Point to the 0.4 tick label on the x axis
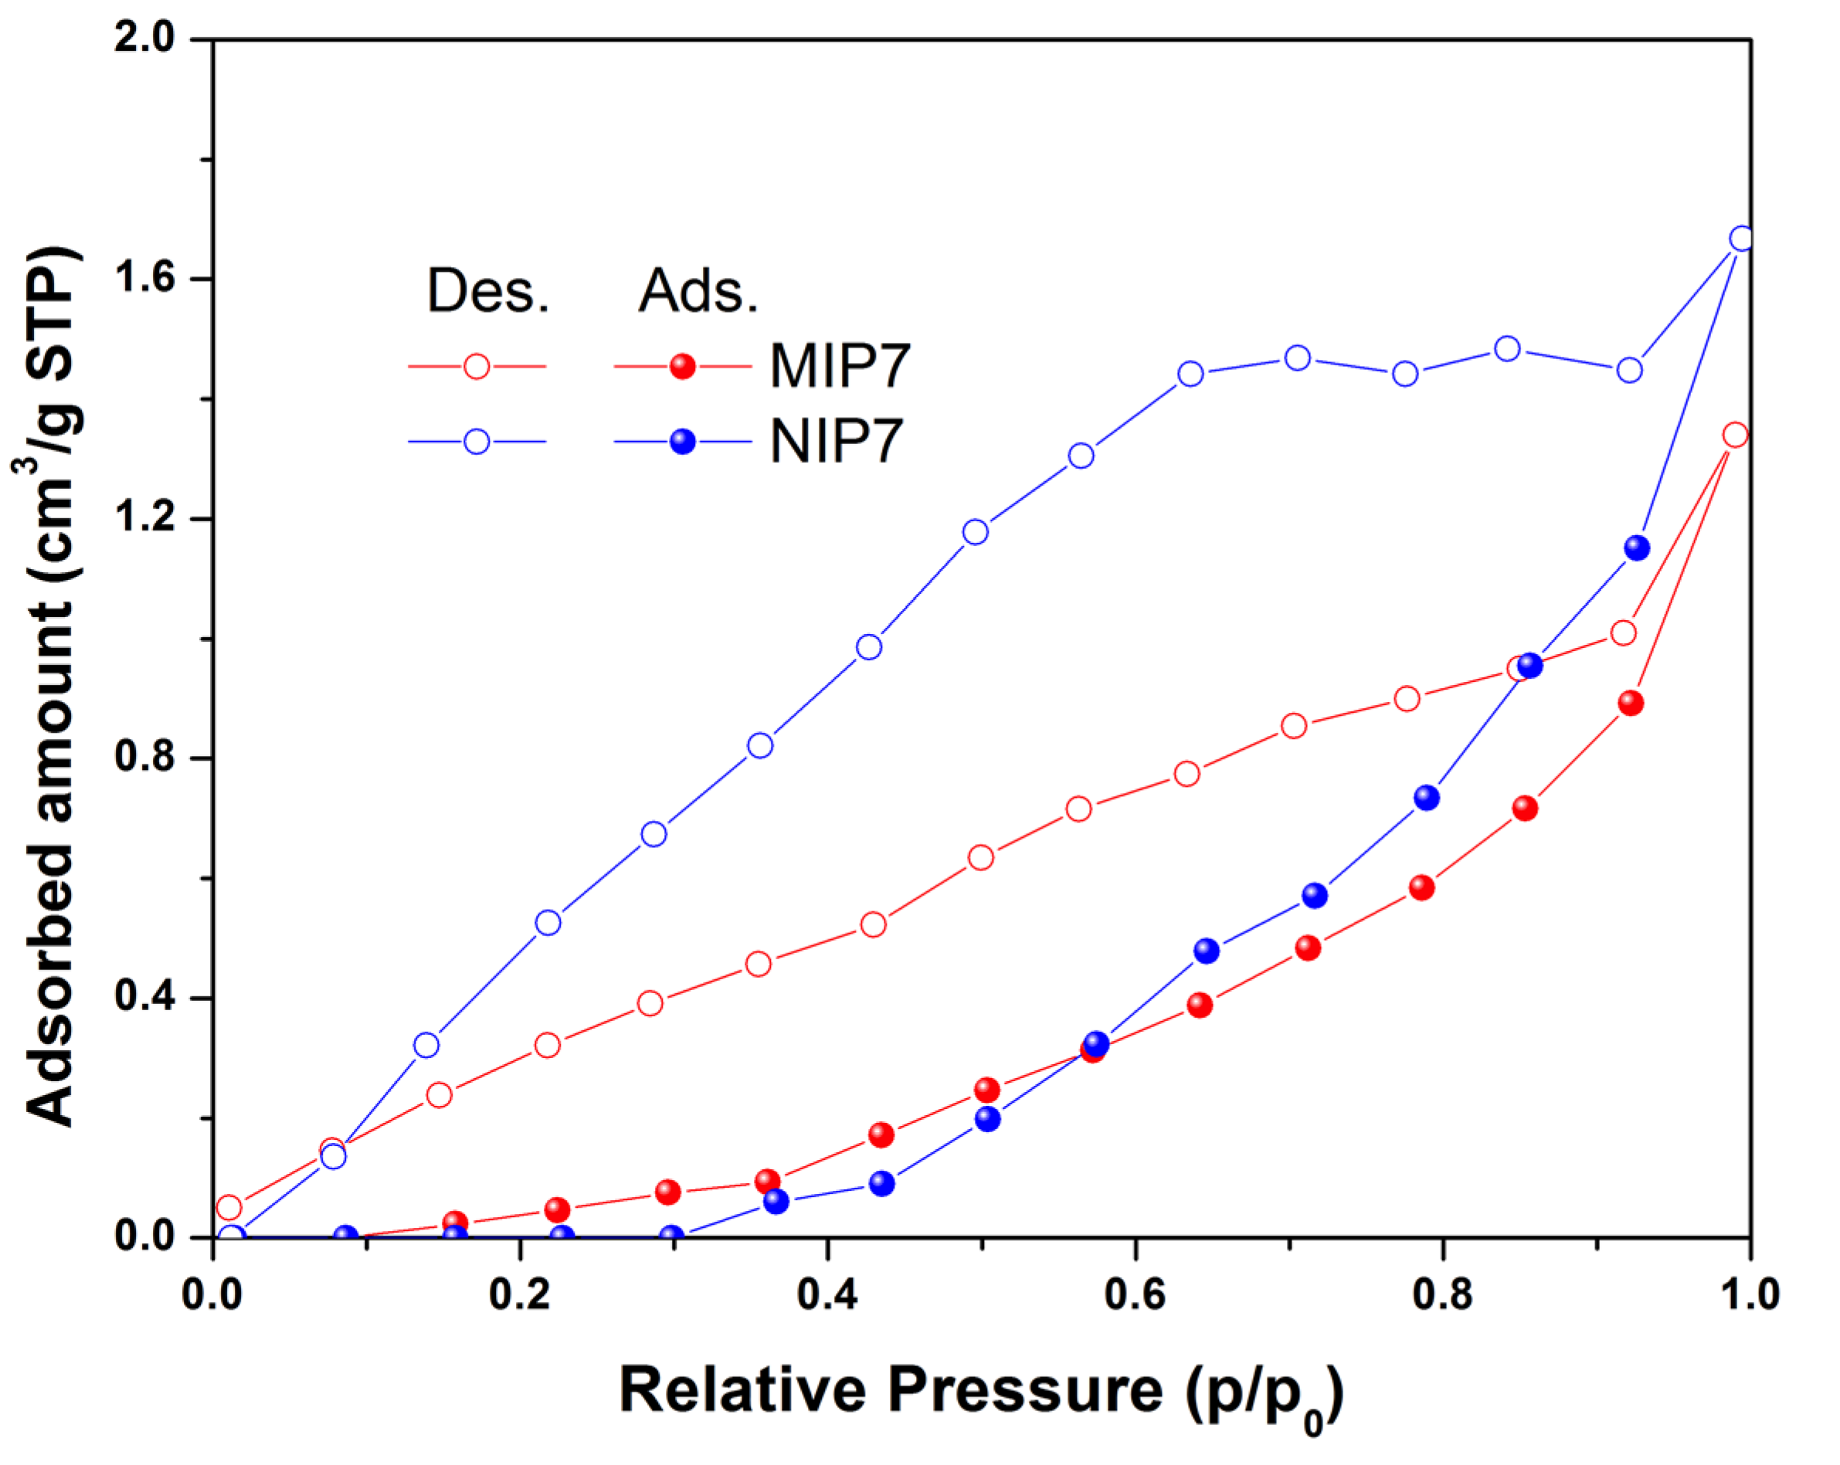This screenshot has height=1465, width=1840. pyautogui.click(x=826, y=1294)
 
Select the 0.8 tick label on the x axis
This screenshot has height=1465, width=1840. pyautogui.click(x=1441, y=1294)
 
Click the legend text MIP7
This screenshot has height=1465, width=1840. pyautogui.click(x=840, y=367)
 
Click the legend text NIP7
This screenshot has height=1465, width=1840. pyautogui.click(x=836, y=442)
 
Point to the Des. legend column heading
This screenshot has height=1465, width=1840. pyautogui.click(x=487, y=291)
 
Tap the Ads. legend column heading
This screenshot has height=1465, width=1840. pyautogui.click(x=698, y=291)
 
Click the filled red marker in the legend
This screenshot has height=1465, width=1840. pyautogui.click(x=683, y=367)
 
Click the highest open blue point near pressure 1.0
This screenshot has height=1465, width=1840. pyautogui.click(x=1742, y=239)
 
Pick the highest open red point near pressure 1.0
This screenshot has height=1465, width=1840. pyautogui.click(x=1735, y=435)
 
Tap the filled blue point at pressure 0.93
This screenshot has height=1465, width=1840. pyautogui.click(x=1637, y=548)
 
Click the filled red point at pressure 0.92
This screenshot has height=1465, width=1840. pyautogui.click(x=1631, y=703)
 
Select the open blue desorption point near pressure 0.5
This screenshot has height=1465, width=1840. pyautogui.click(x=976, y=532)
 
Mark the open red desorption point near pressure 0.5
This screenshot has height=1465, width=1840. pyautogui.click(x=982, y=857)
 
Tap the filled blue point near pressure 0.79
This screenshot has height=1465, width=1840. pyautogui.click(x=1427, y=799)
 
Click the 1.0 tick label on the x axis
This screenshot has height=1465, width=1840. pyautogui.click(x=1749, y=1294)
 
